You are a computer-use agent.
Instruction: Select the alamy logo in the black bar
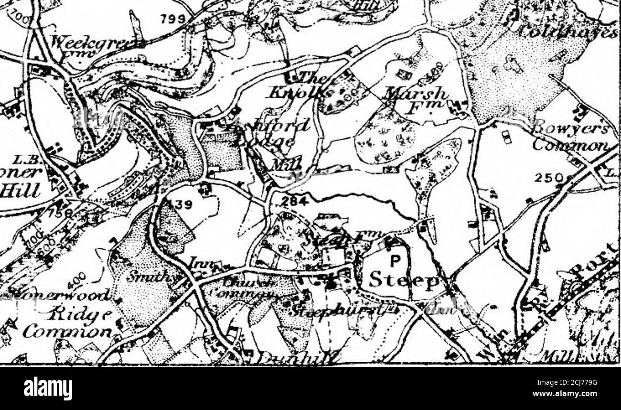pyautogui.click(x=48, y=388)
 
